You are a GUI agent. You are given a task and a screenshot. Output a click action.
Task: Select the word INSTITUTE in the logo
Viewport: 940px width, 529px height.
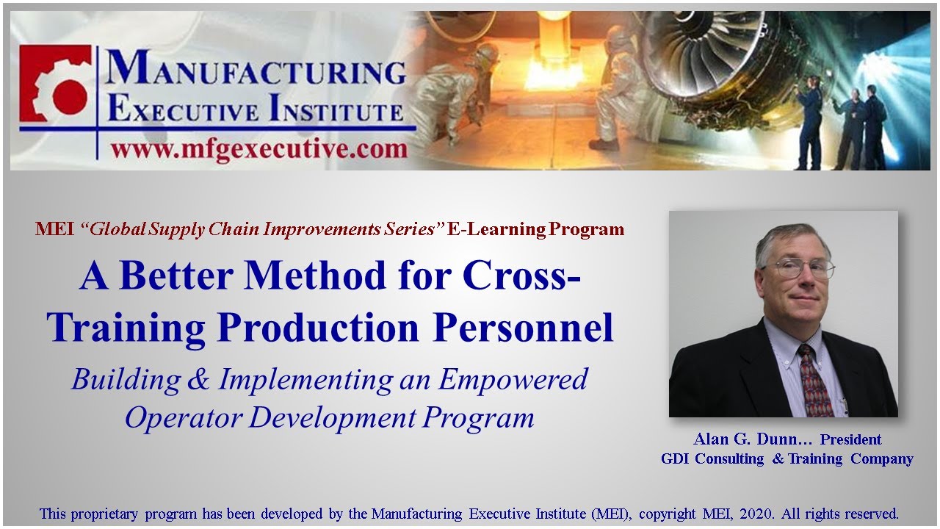pos(335,112)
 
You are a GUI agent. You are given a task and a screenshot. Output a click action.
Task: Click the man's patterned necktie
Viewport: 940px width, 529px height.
pos(815,382)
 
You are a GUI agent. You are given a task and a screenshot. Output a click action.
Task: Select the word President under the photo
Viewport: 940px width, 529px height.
pos(850,439)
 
